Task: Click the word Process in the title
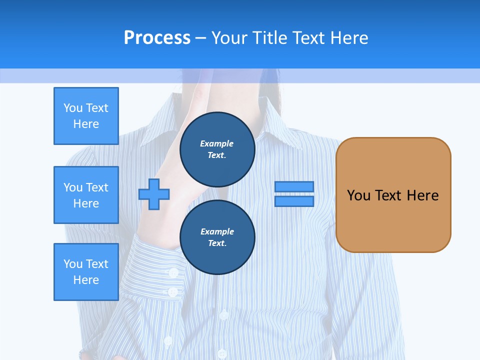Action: coord(157,37)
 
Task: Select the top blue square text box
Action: coord(86,116)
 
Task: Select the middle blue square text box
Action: coord(86,195)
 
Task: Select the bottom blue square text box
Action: coord(86,272)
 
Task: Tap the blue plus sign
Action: coord(154,194)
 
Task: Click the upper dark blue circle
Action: coord(217,149)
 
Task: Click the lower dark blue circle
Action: coord(217,237)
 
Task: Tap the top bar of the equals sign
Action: coord(294,186)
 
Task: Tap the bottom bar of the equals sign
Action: coord(294,201)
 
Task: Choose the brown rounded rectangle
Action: coord(393,220)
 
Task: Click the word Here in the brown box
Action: coord(422,195)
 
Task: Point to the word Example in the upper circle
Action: coord(217,143)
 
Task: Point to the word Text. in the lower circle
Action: coord(217,243)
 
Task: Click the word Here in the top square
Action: coord(86,124)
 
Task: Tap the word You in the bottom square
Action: coord(73,264)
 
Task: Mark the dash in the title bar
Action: coord(201,38)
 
